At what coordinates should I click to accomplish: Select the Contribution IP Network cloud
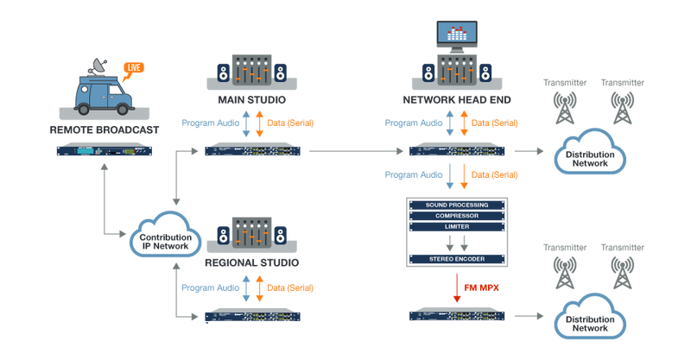click(164, 235)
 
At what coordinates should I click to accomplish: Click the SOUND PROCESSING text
click(456, 205)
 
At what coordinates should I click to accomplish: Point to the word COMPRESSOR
click(456, 215)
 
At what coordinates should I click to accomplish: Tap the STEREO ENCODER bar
click(456, 258)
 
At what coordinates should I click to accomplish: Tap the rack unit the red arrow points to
click(456, 313)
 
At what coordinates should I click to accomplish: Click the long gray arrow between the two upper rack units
click(354, 152)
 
